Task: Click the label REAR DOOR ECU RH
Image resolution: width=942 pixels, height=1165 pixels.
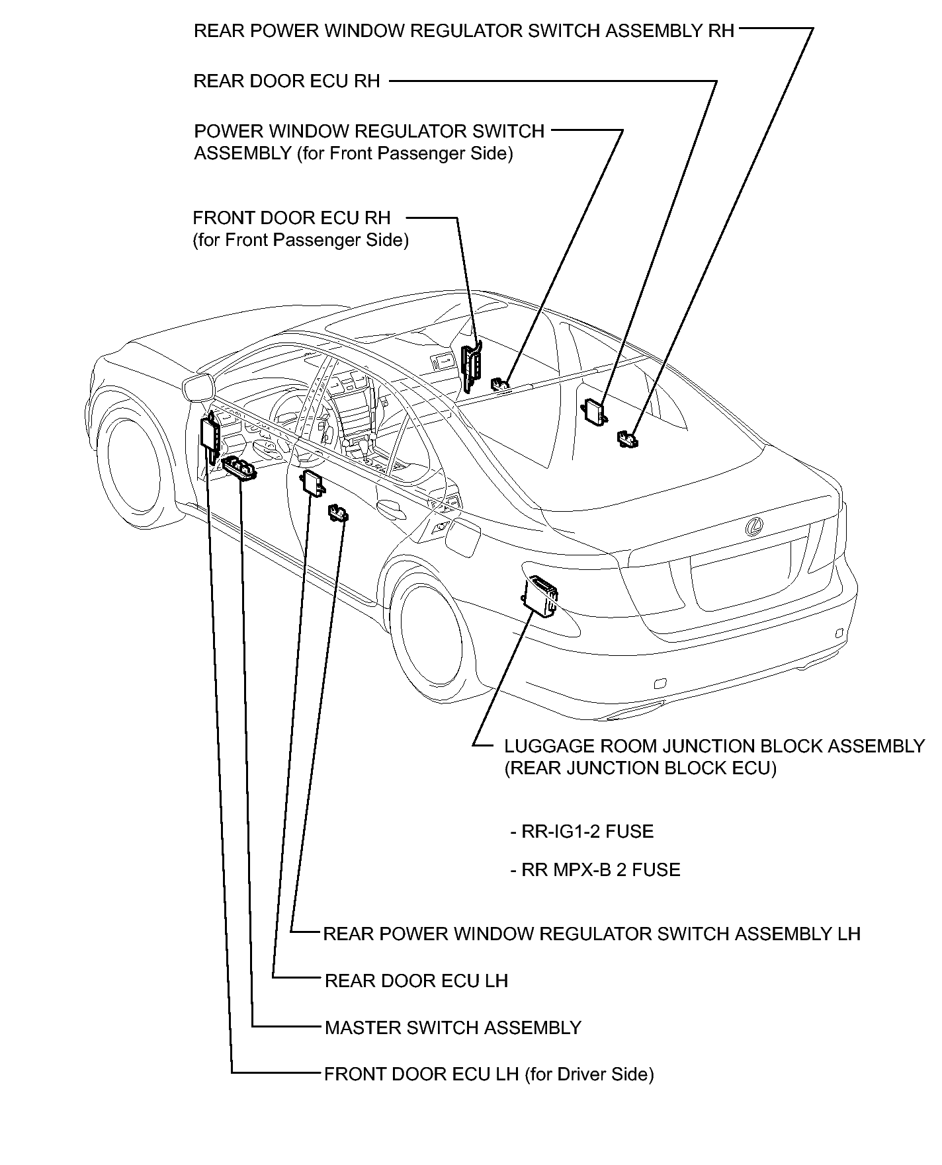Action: point(286,81)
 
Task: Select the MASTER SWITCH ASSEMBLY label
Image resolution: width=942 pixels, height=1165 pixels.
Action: point(452,1027)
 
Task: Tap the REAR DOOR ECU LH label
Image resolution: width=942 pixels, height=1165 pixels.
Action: point(416,980)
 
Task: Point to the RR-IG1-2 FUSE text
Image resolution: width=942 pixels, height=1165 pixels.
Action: point(582,831)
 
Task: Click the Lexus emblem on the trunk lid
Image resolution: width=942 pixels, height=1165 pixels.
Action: point(753,526)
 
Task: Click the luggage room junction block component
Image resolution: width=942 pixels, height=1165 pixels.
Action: point(539,595)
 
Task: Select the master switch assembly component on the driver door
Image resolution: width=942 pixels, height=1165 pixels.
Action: point(239,469)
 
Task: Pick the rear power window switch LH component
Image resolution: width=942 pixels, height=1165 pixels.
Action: point(338,513)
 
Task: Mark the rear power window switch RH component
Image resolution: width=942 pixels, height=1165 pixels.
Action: point(626,438)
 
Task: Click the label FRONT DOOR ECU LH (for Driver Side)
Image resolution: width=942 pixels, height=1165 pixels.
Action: point(488,1074)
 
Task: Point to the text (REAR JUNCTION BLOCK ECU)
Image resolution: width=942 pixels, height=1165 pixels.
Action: point(640,768)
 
